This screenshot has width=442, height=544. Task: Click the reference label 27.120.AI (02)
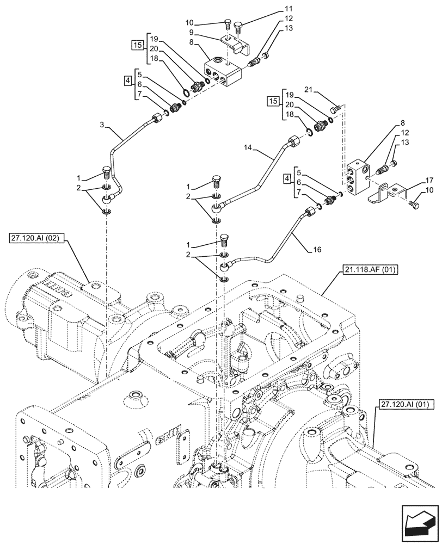(x=35, y=238)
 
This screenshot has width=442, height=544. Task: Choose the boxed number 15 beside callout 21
(x=274, y=101)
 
